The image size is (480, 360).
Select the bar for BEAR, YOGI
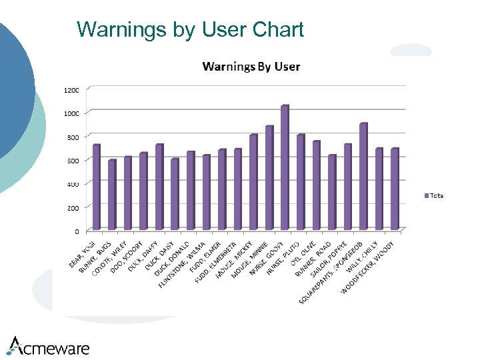coord(96,187)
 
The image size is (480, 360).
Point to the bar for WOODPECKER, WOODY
coord(394,189)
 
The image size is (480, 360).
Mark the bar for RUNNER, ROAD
coord(331,193)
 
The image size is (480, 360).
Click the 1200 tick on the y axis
coord(71,89)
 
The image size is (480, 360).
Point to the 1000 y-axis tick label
coord(71,113)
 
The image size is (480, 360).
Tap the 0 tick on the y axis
coord(76,231)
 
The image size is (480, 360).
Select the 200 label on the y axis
coord(71,208)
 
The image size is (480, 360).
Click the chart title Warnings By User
coord(251,67)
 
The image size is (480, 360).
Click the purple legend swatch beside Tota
coord(426,196)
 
